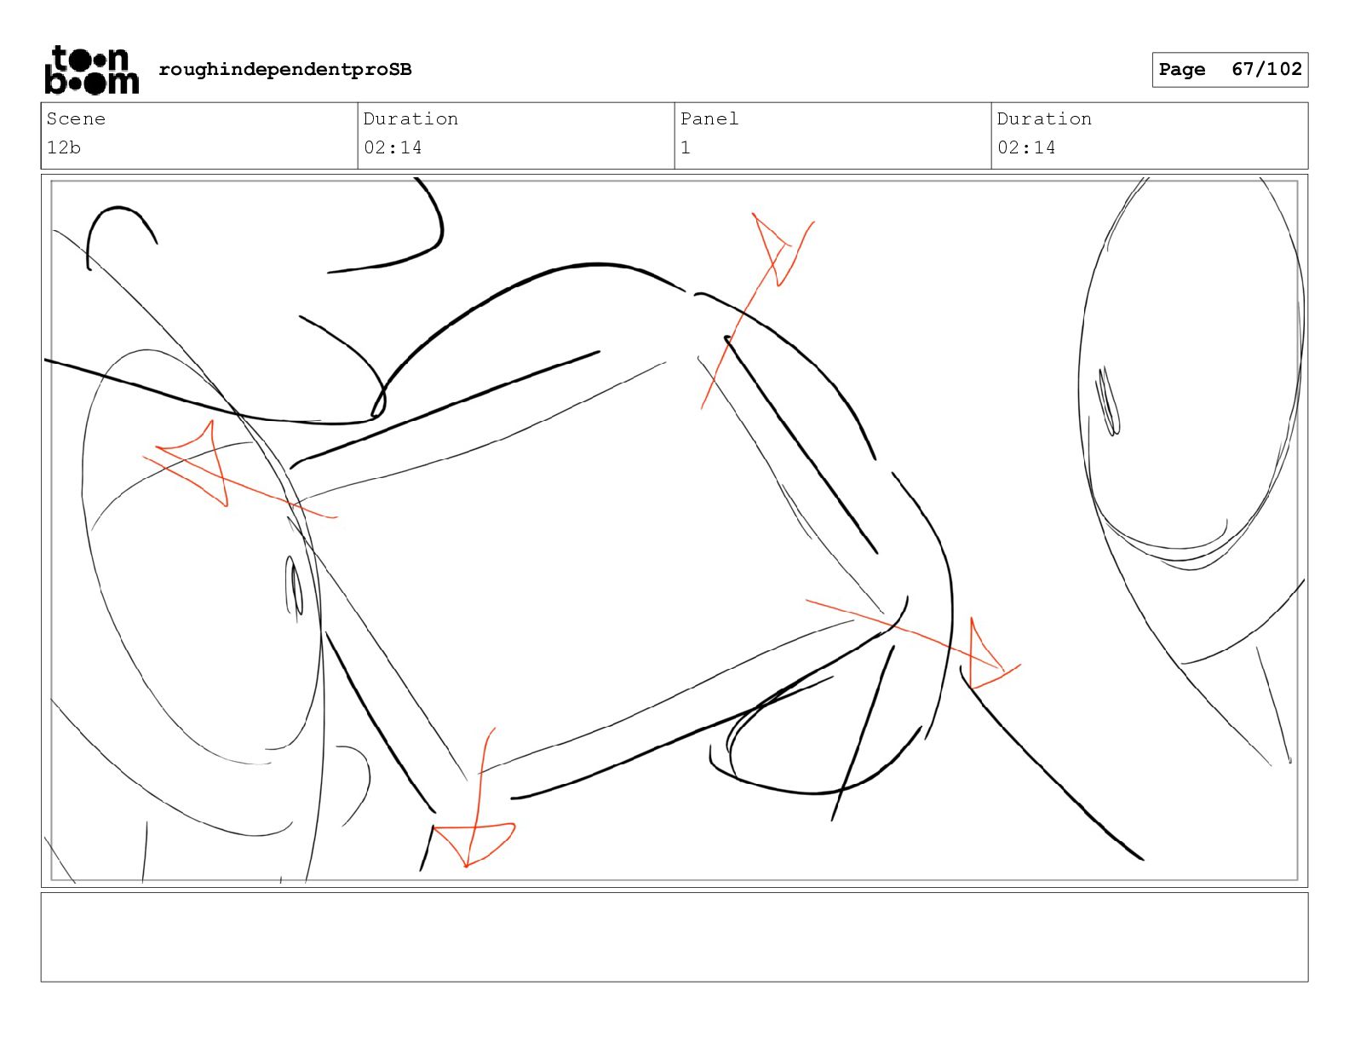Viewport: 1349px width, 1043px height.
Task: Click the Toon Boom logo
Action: pos(92,70)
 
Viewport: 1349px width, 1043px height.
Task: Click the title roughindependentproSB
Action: pos(285,70)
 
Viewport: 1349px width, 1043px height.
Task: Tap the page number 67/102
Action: pos(1266,69)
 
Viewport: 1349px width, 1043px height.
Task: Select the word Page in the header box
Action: pos(1181,70)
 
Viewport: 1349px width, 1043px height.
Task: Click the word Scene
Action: pos(76,118)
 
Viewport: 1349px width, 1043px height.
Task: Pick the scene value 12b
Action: pos(63,147)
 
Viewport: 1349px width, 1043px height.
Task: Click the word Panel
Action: pos(709,118)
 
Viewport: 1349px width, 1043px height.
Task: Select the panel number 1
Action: pos(686,147)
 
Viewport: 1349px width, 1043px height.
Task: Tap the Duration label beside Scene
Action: pos(410,118)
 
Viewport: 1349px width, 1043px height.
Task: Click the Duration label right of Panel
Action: pos(1044,118)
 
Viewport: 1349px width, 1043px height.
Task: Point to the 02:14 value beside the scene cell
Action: pos(393,147)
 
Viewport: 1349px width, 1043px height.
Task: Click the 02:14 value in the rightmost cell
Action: pos(1026,147)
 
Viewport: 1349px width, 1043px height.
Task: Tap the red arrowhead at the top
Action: pos(773,249)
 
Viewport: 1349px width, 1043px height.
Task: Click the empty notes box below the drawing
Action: pos(674,937)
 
